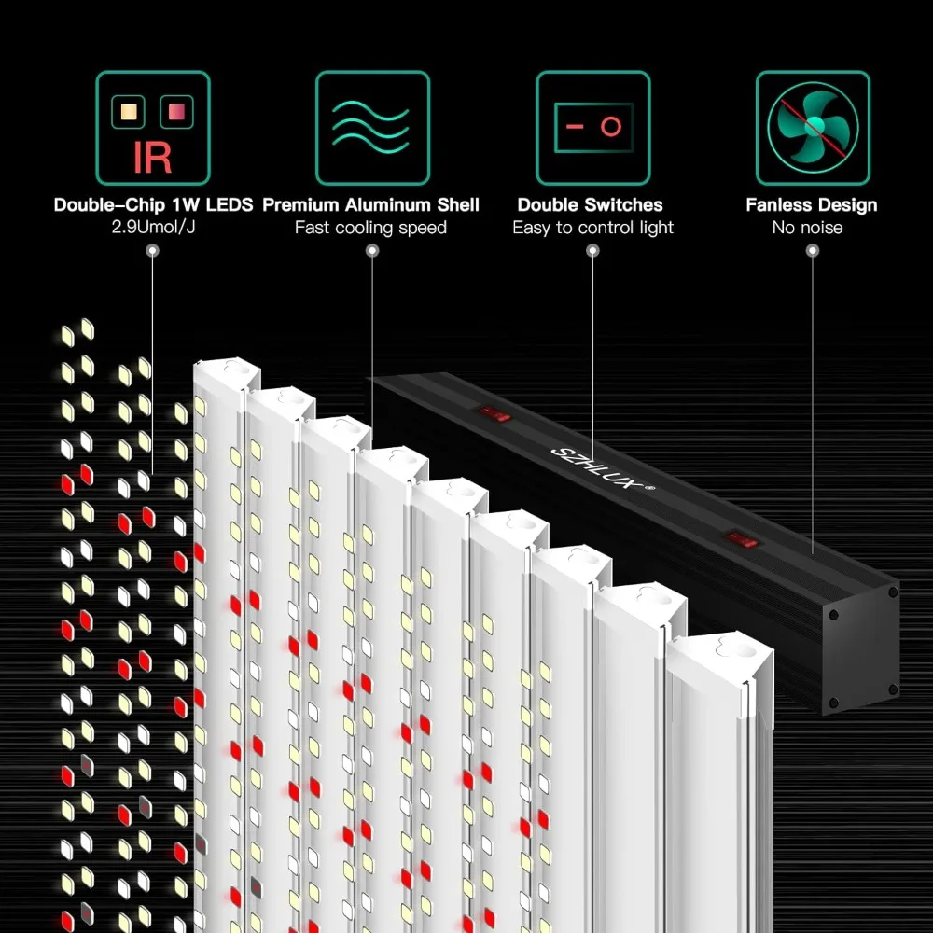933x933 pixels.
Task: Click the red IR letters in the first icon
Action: [x=152, y=157]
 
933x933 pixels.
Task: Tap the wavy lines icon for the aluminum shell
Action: [x=371, y=128]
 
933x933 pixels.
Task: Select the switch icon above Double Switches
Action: [x=592, y=128]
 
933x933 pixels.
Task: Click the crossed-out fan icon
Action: [x=812, y=128]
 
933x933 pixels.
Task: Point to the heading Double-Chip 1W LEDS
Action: [x=153, y=204]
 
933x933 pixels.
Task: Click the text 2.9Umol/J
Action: [x=153, y=228]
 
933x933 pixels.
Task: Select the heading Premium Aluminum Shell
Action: [x=371, y=204]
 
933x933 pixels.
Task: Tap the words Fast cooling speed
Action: [x=371, y=228]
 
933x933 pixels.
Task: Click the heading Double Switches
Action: [x=591, y=204]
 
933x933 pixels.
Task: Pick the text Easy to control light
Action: [x=592, y=228]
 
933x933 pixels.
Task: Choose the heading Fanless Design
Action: [x=812, y=204]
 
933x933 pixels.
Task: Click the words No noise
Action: [x=808, y=228]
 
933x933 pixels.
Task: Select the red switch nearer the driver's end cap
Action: [x=742, y=538]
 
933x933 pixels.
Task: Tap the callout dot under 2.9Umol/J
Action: [x=153, y=251]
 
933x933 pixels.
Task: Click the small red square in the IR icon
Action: [x=173, y=112]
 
